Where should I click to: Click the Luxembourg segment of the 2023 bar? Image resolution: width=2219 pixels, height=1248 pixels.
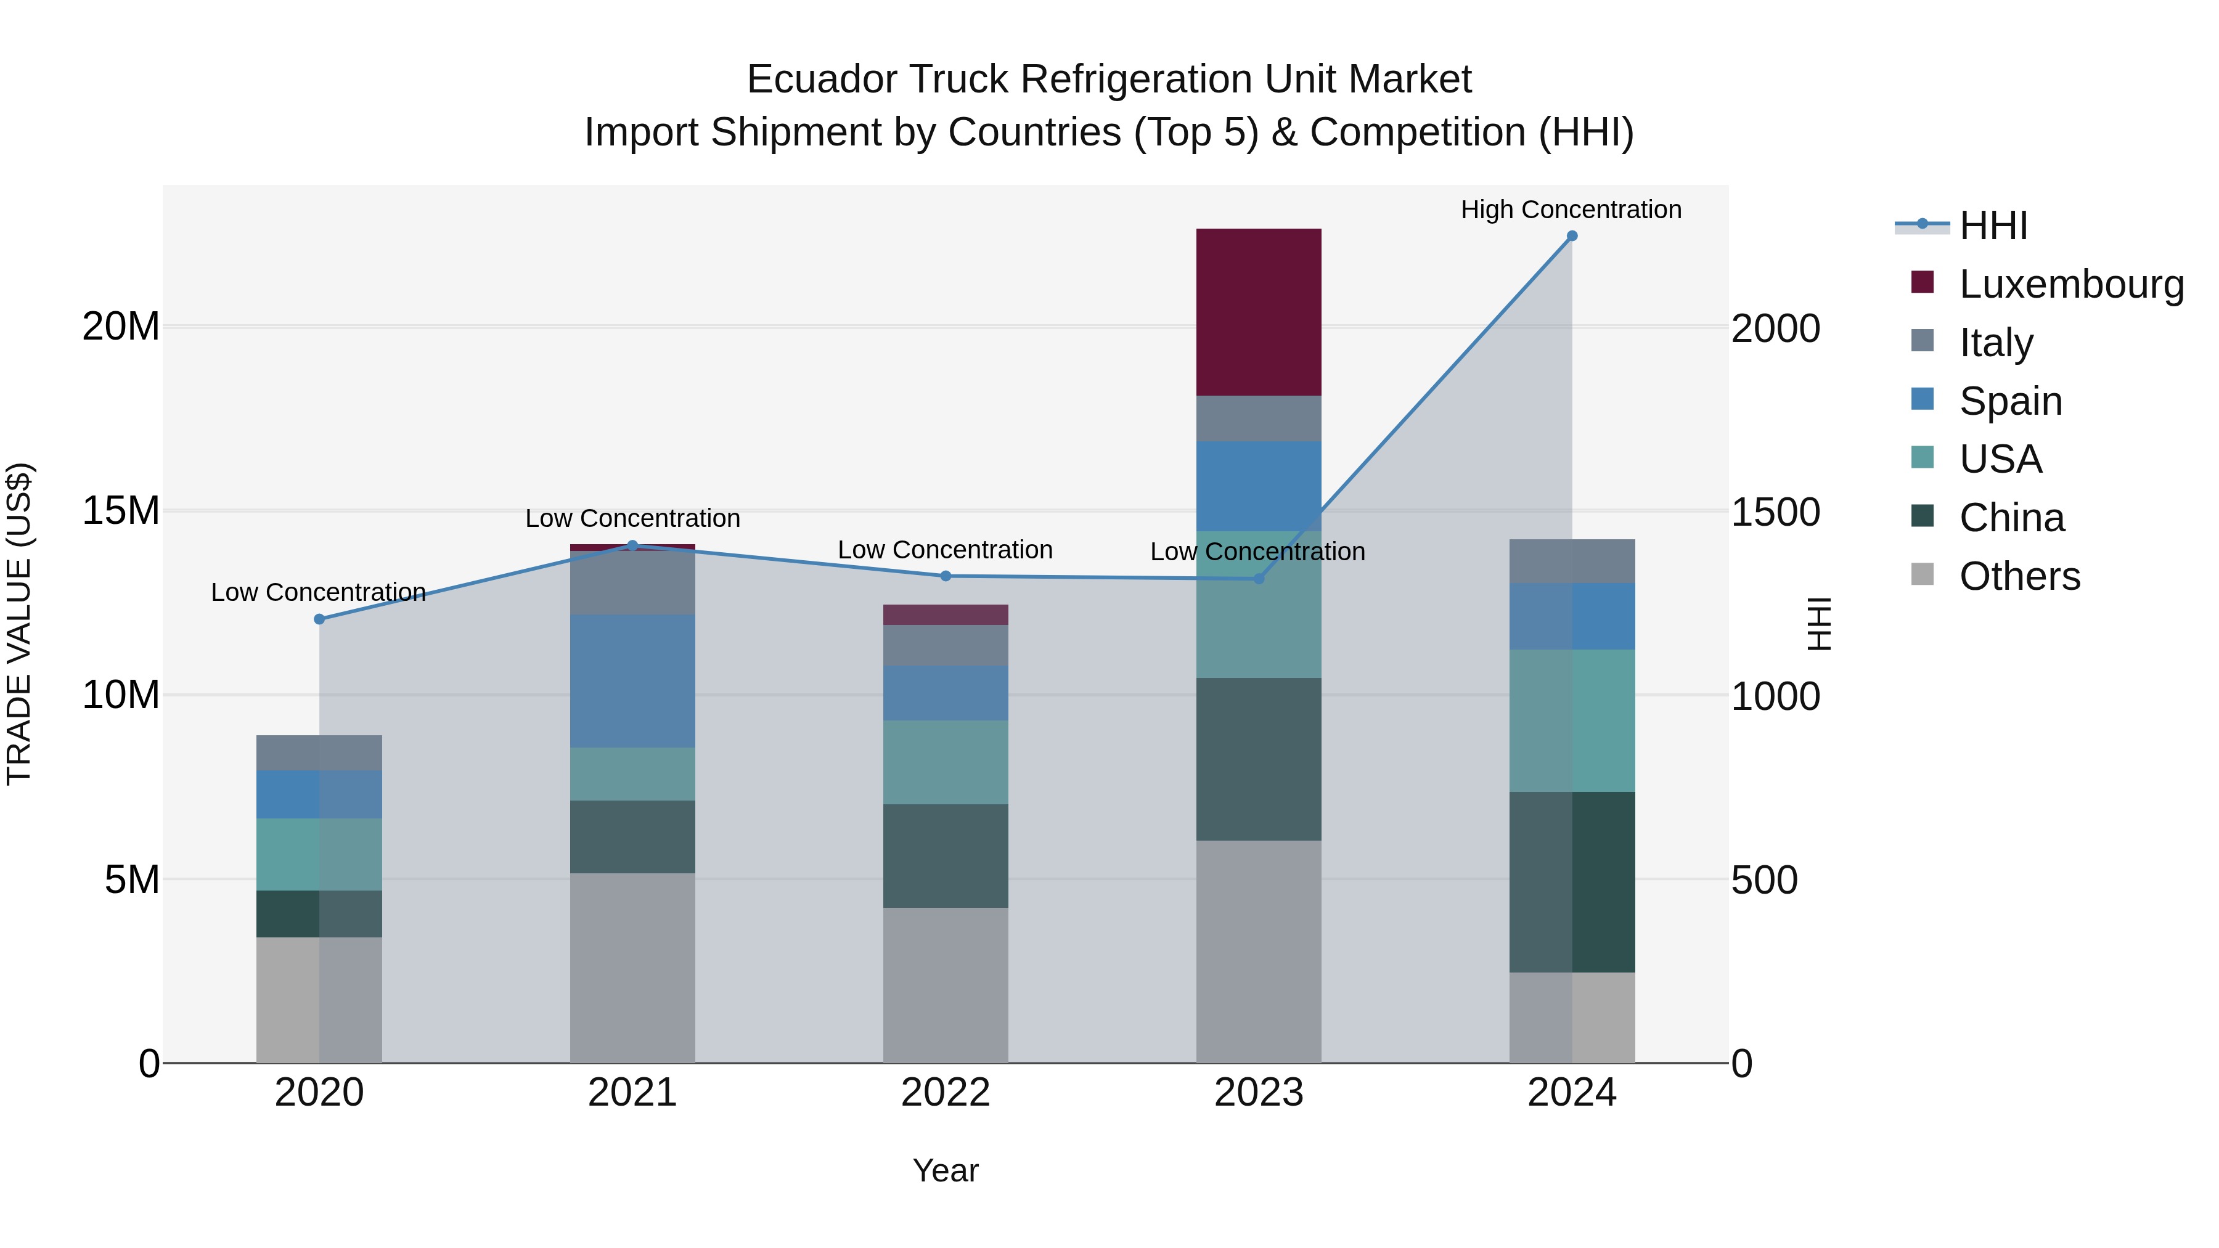1259,312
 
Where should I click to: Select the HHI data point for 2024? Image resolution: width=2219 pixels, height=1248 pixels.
1571,236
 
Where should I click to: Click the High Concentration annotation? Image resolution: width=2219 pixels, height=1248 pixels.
1571,210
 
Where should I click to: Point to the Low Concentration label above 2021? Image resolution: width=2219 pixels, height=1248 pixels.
632,518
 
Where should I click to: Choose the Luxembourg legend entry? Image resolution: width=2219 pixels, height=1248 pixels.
2071,284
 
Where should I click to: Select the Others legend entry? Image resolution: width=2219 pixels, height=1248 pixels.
2019,576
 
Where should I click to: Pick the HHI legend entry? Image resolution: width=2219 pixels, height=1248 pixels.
1992,226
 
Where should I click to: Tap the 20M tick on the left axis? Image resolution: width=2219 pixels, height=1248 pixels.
121,327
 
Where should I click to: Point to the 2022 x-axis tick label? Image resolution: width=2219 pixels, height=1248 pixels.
945,1093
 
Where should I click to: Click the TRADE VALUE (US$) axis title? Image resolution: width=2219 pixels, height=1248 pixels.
19,624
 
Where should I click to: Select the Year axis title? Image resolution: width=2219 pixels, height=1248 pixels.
945,1170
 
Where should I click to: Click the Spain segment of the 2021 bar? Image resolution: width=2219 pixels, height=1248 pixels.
632,680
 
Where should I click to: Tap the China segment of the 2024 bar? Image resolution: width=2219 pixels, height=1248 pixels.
1571,882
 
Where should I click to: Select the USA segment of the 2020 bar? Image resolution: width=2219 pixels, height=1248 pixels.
319,854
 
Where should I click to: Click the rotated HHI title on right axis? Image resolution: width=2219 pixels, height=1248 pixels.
1818,624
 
